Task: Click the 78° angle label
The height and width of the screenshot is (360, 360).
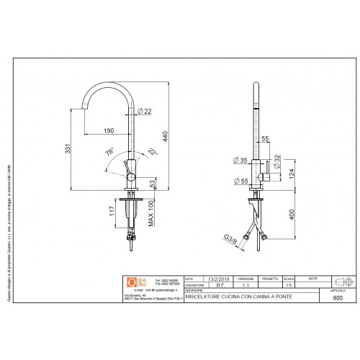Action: pyautogui.click(x=110, y=153)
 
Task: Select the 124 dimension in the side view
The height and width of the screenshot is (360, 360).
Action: pyautogui.click(x=292, y=172)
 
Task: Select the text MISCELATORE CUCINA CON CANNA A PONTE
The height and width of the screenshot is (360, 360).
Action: pyautogui.click(x=230, y=296)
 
